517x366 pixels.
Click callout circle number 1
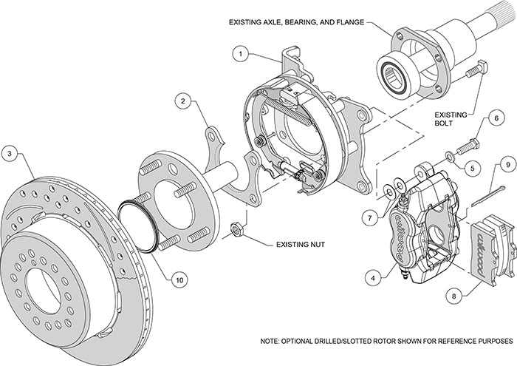pos(240,53)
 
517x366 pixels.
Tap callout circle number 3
pos(10,154)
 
